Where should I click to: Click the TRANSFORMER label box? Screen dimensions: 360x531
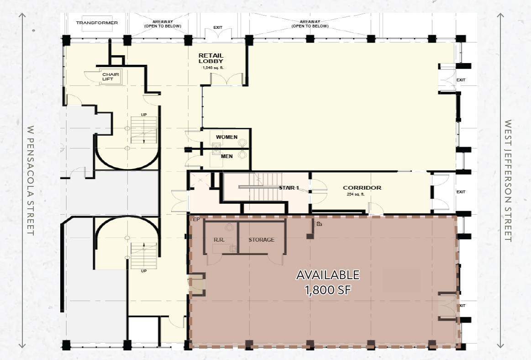pos(97,23)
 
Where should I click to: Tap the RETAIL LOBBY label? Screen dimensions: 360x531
pos(210,58)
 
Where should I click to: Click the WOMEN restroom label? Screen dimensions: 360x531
pos(226,137)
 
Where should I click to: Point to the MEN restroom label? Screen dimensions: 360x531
pos(226,156)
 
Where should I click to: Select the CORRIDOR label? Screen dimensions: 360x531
pos(362,188)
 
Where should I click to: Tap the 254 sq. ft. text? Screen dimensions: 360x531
pos(356,194)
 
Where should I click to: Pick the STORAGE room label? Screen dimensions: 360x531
pos(261,239)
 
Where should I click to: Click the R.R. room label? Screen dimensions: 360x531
pos(218,239)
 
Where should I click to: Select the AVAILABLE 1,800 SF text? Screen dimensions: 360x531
pos(327,282)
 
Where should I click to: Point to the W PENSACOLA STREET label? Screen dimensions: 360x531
pos(31,180)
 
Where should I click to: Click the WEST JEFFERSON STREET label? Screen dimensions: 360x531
pos(507,180)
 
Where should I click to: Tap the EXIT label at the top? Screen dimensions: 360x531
pos(218,27)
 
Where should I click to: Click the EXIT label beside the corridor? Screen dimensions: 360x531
pos(461,192)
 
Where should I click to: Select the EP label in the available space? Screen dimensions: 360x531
pos(197,220)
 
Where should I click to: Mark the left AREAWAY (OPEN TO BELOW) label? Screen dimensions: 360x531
pos(163,24)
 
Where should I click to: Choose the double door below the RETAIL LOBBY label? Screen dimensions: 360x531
pos(227,79)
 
